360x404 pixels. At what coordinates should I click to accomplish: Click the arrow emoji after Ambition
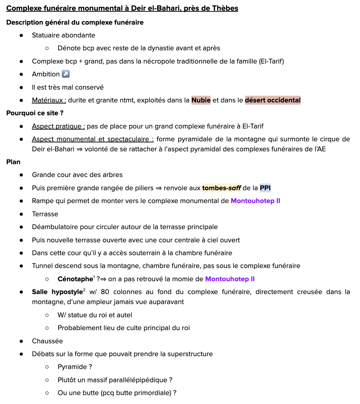[x=66, y=74]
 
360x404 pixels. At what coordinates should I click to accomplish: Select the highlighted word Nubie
[x=201, y=100]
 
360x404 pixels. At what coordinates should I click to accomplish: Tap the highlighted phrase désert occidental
[x=272, y=100]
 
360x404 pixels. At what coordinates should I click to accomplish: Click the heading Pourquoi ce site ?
[x=35, y=113]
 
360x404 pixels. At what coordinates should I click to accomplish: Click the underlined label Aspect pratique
[x=58, y=126]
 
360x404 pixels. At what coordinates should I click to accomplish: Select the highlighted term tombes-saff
[x=221, y=188]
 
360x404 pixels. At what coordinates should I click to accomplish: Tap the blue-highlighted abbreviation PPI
[x=265, y=188]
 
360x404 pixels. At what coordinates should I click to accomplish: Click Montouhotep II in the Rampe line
[x=255, y=201]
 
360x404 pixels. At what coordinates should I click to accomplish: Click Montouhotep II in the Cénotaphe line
[x=230, y=279]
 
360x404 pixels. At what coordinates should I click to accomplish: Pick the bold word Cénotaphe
[x=75, y=279]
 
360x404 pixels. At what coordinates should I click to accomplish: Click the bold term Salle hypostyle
[x=57, y=292]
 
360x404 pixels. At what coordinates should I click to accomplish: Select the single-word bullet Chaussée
[x=47, y=341]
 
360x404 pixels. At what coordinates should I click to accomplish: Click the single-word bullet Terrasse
[x=45, y=214]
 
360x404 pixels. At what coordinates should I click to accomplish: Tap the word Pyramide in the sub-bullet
[x=72, y=367]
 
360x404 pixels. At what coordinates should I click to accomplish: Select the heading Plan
[x=13, y=162]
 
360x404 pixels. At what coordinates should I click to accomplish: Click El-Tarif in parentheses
[x=271, y=61]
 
